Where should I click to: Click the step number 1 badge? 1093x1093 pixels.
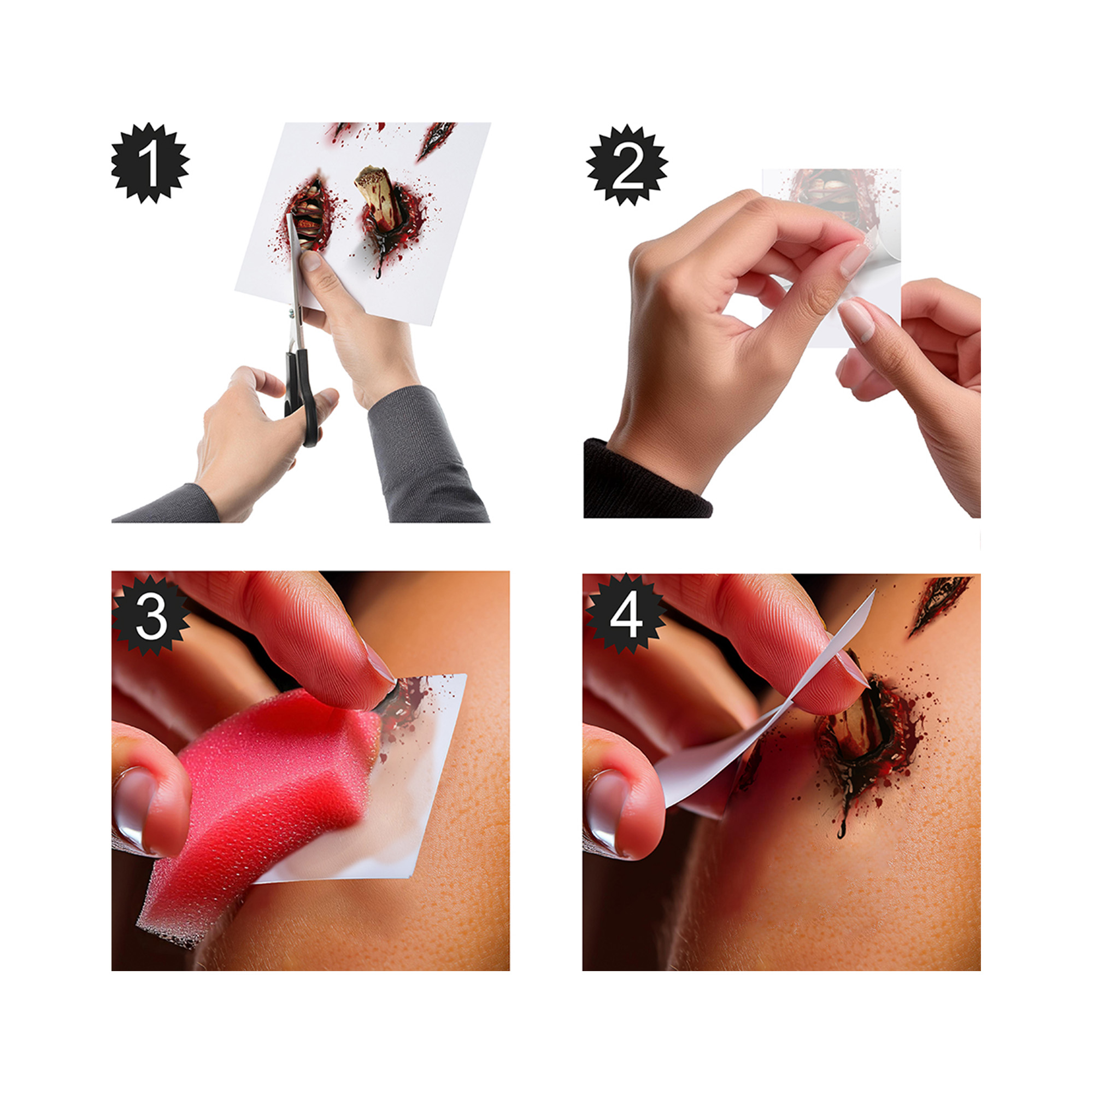coord(150,163)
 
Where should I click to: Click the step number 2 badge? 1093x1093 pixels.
coord(627,165)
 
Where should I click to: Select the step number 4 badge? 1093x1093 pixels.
coord(626,614)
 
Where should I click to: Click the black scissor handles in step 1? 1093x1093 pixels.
coord(302,396)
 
